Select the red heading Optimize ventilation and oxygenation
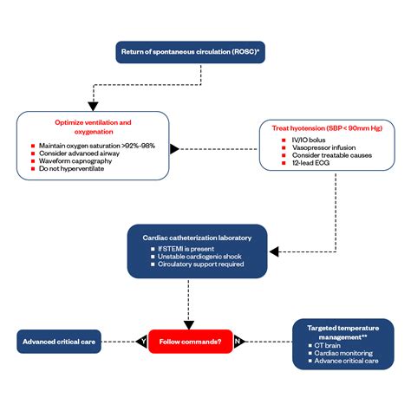pyautogui.click(x=94, y=127)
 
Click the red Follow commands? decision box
pyautogui.click(x=190, y=342)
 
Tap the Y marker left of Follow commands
pyautogui.click(x=142, y=342)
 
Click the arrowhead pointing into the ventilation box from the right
pyautogui.click(x=175, y=148)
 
